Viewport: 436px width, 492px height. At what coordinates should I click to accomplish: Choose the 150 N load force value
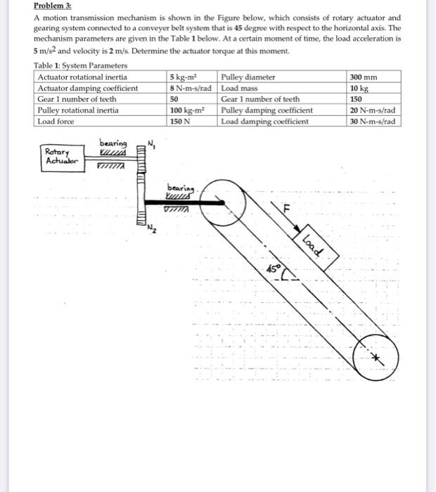coord(181,122)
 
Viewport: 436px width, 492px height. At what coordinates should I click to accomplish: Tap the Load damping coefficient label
coord(265,122)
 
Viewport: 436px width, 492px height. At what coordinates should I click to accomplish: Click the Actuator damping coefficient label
coord(86,88)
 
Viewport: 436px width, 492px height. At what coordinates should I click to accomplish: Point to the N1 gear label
coord(151,145)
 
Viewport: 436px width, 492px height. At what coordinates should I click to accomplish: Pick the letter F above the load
coord(286,209)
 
